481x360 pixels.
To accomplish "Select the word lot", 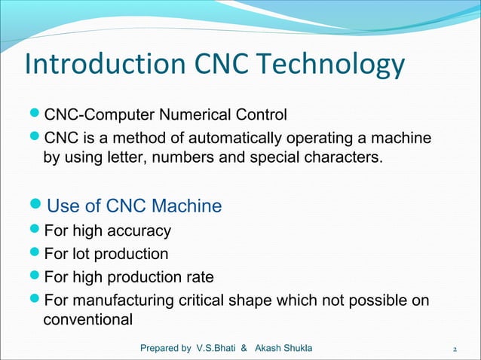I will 80,254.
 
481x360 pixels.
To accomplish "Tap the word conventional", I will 88,320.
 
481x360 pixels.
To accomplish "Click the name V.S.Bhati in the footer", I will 216,348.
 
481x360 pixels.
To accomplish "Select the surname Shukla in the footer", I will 298,348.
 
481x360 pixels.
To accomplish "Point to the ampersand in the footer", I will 244,348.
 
